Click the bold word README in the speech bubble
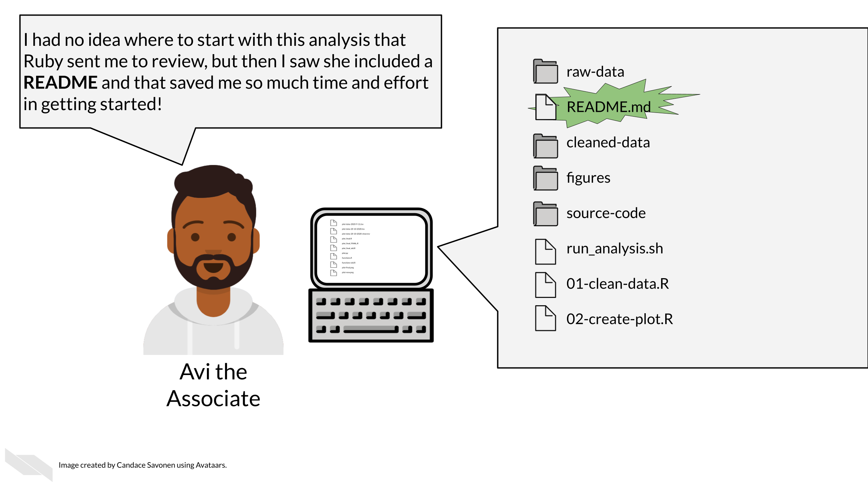[x=60, y=83]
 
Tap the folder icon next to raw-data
[x=545, y=72]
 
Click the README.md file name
[x=608, y=107]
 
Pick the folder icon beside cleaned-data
[x=545, y=146]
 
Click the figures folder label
[x=588, y=178]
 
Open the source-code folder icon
[x=545, y=214]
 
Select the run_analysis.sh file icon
[x=545, y=252]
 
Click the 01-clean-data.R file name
[x=617, y=284]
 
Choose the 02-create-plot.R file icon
[x=545, y=318]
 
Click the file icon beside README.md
[x=545, y=107]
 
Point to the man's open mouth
[x=213, y=268]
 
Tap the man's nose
[x=213, y=251]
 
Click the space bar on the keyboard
[x=370, y=329]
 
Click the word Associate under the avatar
[x=213, y=399]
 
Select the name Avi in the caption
[x=195, y=372]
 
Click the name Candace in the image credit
[x=131, y=465]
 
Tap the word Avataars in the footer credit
[x=211, y=465]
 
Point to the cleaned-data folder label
[x=608, y=143]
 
